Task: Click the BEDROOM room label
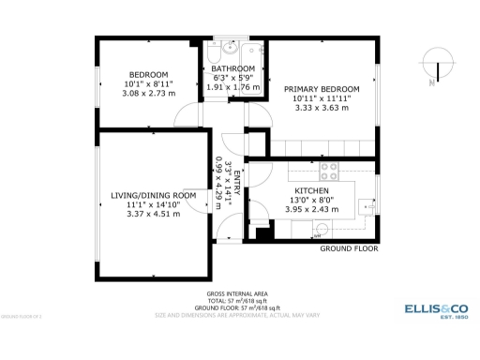pos(148,75)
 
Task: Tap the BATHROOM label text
pos(232,69)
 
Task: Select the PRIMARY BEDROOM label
pos(322,88)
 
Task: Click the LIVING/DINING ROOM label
pos(154,195)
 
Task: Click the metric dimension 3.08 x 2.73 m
pos(148,94)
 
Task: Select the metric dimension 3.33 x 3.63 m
pos(322,108)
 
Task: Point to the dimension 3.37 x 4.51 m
pos(154,214)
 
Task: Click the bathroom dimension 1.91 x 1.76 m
pos(232,87)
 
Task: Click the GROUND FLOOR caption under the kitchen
pos(349,249)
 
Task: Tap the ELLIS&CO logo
pos(435,309)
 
